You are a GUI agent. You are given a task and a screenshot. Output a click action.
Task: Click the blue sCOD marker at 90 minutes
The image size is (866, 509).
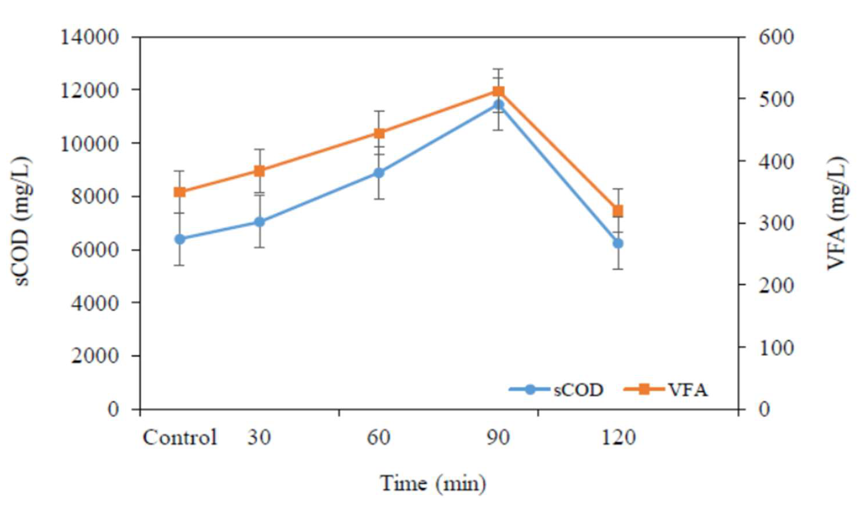[x=498, y=104]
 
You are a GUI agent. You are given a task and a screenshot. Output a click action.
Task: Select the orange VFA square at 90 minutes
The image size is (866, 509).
[x=498, y=91]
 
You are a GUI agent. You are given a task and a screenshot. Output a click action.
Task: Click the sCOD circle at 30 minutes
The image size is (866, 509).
[x=260, y=222]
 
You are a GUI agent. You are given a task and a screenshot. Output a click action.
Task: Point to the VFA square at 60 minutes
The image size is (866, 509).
[x=379, y=133]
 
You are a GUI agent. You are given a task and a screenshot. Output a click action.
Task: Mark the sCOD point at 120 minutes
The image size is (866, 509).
[x=618, y=243]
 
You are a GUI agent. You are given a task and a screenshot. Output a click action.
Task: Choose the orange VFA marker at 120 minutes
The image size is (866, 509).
[x=618, y=211]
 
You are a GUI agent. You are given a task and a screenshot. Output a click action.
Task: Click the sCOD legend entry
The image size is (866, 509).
[x=557, y=390]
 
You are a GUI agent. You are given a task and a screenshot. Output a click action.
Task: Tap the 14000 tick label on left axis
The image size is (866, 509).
[x=90, y=37]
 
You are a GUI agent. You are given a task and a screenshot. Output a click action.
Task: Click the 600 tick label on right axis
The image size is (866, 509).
[x=776, y=37]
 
